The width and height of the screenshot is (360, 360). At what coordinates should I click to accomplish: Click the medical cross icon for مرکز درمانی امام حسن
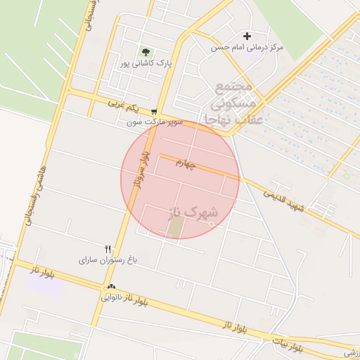[x=247, y=36]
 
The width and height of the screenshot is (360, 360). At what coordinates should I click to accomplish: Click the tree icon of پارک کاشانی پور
[x=146, y=52]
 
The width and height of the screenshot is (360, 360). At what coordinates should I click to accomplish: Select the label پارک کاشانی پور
[x=145, y=63]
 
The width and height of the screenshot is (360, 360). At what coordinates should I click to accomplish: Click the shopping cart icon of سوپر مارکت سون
[x=154, y=111]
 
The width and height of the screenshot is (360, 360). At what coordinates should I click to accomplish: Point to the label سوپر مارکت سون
[x=155, y=122]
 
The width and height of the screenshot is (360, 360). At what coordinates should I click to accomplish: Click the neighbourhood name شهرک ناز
[x=195, y=212]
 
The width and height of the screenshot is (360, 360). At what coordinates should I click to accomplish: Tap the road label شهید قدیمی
[x=284, y=199]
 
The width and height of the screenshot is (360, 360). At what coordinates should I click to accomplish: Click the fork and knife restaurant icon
[x=108, y=248]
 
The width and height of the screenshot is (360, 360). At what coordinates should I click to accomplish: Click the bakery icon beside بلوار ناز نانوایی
[x=111, y=287]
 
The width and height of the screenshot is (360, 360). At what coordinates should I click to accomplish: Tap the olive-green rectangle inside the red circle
[x=175, y=226]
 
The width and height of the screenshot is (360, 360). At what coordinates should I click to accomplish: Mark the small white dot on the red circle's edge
[x=212, y=225]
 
